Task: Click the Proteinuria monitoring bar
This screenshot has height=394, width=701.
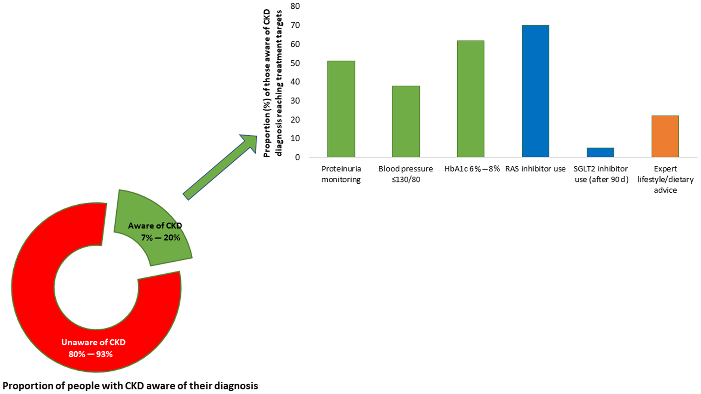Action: click(x=341, y=109)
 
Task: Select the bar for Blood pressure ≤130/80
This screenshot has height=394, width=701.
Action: click(x=406, y=122)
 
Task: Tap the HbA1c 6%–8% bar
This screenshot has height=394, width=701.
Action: click(x=470, y=99)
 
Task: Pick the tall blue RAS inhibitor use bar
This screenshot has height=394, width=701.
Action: click(x=535, y=91)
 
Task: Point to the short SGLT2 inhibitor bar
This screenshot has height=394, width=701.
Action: click(x=600, y=152)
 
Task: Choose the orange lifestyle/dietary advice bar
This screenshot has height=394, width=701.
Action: click(x=665, y=137)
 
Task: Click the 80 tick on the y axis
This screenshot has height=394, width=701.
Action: click(x=295, y=6)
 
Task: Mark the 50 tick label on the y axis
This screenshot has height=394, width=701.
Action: click(x=295, y=63)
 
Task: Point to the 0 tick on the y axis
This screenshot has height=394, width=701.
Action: click(x=297, y=157)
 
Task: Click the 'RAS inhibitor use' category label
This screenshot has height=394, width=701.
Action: click(x=535, y=169)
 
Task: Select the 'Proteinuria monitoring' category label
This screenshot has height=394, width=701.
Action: click(x=341, y=174)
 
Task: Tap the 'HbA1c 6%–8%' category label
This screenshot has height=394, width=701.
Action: click(x=472, y=169)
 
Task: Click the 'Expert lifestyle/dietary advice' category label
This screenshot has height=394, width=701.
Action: click(x=665, y=179)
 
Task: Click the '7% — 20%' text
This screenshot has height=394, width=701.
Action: click(x=161, y=238)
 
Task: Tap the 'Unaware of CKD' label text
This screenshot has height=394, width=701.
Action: click(x=93, y=343)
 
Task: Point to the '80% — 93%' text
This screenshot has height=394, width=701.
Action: click(x=91, y=354)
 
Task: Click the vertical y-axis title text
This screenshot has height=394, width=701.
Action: click(x=273, y=83)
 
